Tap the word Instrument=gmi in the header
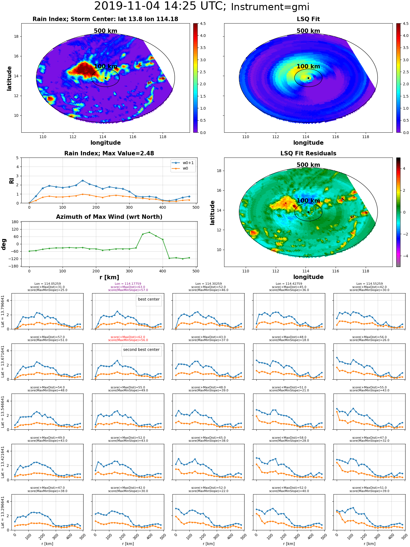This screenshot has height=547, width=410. (270, 7)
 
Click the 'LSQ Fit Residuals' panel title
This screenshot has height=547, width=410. (308, 153)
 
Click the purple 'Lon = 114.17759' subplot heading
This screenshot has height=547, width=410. (128, 284)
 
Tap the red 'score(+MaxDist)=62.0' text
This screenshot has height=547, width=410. (128, 337)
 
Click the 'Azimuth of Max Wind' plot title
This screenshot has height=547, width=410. (109, 217)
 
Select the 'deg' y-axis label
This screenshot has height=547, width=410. (4, 244)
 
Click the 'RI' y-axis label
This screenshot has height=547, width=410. (12, 181)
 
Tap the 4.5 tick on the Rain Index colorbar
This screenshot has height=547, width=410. (203, 24)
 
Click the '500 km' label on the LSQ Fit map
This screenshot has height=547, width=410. (308, 31)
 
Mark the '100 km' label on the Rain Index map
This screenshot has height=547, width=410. (106, 66)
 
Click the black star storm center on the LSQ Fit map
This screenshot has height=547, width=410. (308, 78)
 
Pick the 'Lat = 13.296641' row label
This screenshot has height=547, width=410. (3, 512)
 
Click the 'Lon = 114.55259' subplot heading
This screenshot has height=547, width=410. (369, 284)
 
